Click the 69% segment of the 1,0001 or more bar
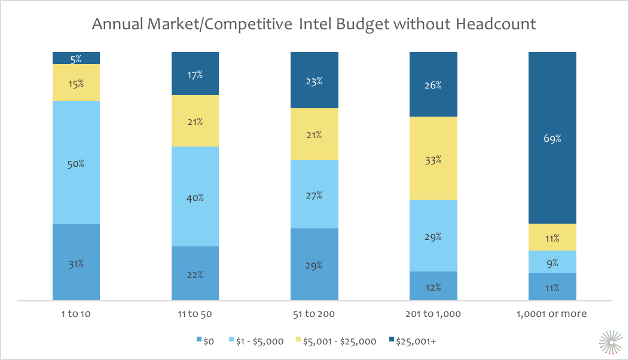point(552,138)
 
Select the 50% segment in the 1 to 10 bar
point(76,163)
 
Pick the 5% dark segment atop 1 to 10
point(76,58)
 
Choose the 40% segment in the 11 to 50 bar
point(195,197)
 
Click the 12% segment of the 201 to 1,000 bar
point(433,286)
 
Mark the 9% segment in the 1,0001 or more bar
point(552,262)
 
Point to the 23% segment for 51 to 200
point(314,81)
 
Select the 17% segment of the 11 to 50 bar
point(195,74)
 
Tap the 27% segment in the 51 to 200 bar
point(314,194)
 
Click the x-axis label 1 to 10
point(76,313)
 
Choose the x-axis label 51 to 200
point(314,313)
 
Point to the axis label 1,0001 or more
point(552,313)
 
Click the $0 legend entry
point(206,341)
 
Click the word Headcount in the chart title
point(495,25)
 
